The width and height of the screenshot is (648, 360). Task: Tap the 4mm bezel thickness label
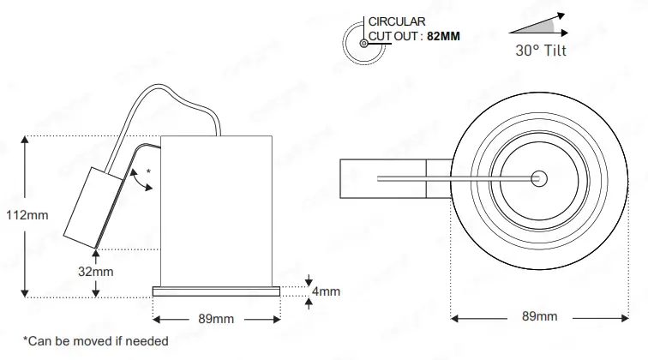tap(327, 291)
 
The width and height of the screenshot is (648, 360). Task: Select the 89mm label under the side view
tap(216, 319)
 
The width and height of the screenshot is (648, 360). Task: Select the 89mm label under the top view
tap(539, 317)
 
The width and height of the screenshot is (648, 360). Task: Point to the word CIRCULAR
tap(395, 21)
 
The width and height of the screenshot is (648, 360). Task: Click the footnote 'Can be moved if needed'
tap(95, 341)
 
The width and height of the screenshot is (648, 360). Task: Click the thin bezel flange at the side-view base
tap(216, 291)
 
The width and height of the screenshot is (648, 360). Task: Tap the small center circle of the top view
tap(538, 178)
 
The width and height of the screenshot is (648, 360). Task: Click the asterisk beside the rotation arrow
tap(148, 172)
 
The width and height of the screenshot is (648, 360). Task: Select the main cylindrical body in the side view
tap(218, 210)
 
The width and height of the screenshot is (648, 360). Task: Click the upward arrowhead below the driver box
tap(98, 250)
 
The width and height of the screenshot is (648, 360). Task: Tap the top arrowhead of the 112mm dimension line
tap(27, 140)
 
